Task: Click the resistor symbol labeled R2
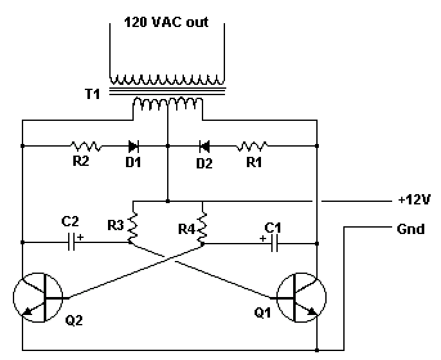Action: point(85,146)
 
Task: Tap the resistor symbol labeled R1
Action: point(252,146)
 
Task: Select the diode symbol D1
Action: point(133,147)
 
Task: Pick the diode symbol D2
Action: point(204,147)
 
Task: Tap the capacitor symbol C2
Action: point(72,242)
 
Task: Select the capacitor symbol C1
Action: point(274,244)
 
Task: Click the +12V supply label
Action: point(414,200)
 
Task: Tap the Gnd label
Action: point(411,229)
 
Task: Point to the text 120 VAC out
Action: point(166,22)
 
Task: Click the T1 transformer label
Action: point(93,94)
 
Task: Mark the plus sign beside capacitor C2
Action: point(81,237)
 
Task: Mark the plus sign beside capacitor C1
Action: point(263,239)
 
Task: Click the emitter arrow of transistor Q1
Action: point(312,311)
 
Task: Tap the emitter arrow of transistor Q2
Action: point(27,310)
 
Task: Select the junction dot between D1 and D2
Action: point(168,146)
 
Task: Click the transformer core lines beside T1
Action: point(167,91)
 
